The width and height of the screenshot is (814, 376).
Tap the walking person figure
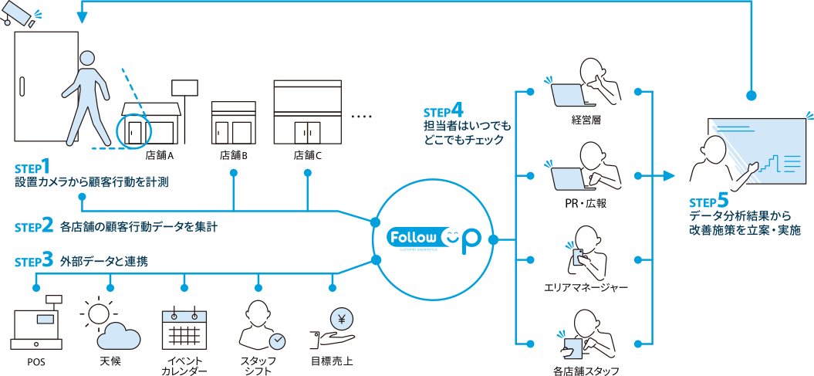pyautogui.click(x=84, y=97)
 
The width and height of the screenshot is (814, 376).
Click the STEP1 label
pyautogui.click(x=33, y=166)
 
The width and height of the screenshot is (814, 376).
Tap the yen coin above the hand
pyautogui.click(x=339, y=318)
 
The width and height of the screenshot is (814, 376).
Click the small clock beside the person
pyautogui.click(x=277, y=340)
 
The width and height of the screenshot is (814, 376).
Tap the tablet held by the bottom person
pyautogui.click(x=572, y=347)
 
